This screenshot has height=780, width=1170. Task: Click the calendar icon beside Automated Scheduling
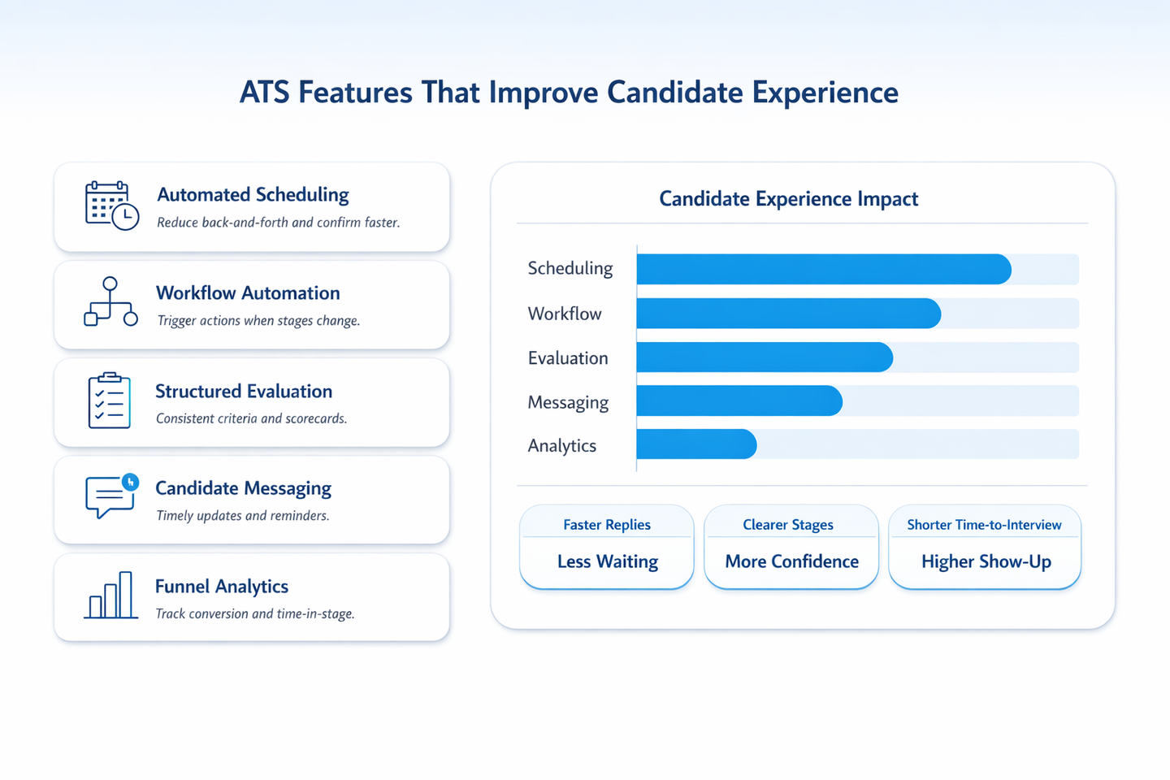pyautogui.click(x=112, y=206)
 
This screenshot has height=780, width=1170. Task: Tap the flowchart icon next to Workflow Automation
pyautogui.click(x=110, y=302)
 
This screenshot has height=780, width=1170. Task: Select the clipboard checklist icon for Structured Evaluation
pyautogui.click(x=109, y=401)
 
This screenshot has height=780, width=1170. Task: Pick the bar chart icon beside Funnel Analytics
pyautogui.click(x=110, y=595)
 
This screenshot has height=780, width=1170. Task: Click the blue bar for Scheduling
pyautogui.click(x=824, y=269)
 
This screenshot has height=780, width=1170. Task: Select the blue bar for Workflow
pyautogui.click(x=789, y=314)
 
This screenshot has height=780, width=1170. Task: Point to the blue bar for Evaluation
pyautogui.click(x=765, y=357)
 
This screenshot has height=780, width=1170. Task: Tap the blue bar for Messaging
pyautogui.click(x=739, y=401)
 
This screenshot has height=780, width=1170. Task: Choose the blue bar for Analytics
pyautogui.click(x=696, y=444)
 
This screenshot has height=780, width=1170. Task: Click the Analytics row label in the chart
pyautogui.click(x=561, y=445)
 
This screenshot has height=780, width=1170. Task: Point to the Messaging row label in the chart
pyautogui.click(x=568, y=402)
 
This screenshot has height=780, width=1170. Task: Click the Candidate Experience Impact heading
pyautogui.click(x=788, y=198)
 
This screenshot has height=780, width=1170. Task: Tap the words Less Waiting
pyautogui.click(x=608, y=561)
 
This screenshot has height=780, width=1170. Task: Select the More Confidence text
pyautogui.click(x=792, y=561)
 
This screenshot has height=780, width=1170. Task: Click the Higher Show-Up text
pyautogui.click(x=986, y=561)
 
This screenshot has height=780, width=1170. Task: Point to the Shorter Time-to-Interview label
pyautogui.click(x=984, y=525)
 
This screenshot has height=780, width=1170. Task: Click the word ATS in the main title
pyautogui.click(x=264, y=92)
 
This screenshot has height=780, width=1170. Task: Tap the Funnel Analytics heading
pyautogui.click(x=222, y=587)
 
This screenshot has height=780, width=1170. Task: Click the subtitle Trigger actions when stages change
pyautogui.click(x=258, y=320)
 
